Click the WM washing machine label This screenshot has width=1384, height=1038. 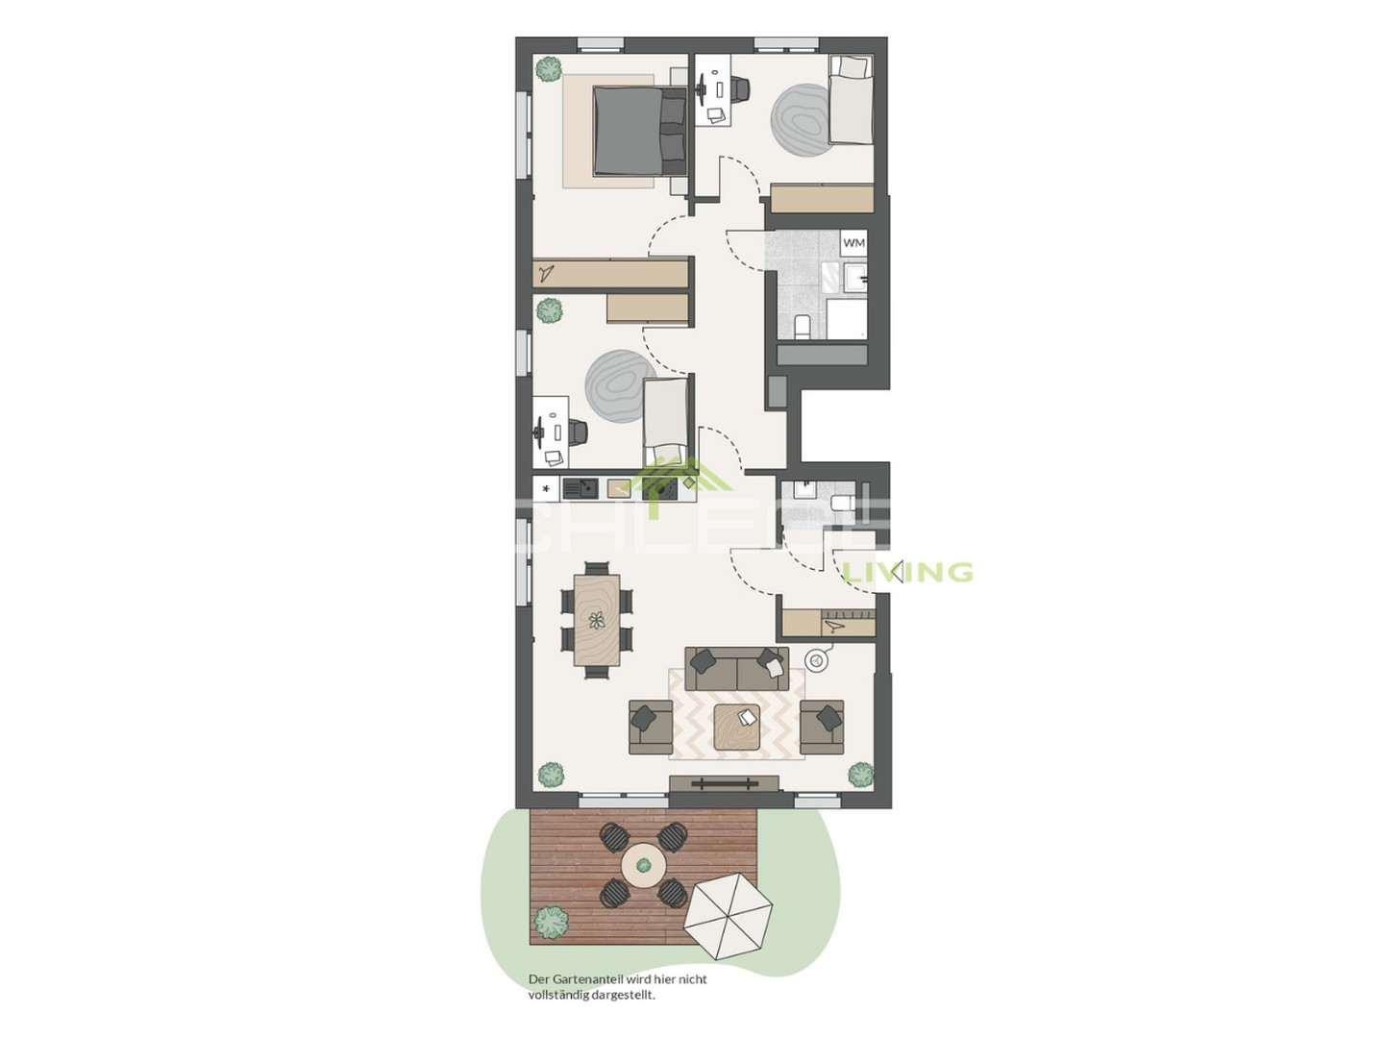click(x=853, y=243)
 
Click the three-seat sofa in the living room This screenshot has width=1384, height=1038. click(x=736, y=668)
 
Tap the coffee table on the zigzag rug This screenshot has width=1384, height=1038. click(x=737, y=727)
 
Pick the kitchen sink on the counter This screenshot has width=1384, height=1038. click(x=580, y=489)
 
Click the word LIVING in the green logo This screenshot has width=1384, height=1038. click(x=908, y=573)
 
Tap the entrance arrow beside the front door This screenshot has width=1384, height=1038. click(x=896, y=574)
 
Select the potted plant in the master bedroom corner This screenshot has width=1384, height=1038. click(x=549, y=68)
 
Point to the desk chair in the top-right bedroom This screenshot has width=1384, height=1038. click(x=738, y=88)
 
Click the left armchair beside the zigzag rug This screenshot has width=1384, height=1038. click(x=650, y=727)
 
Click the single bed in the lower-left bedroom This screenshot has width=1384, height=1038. click(x=666, y=421)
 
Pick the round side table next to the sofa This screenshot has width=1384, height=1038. click(x=817, y=660)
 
